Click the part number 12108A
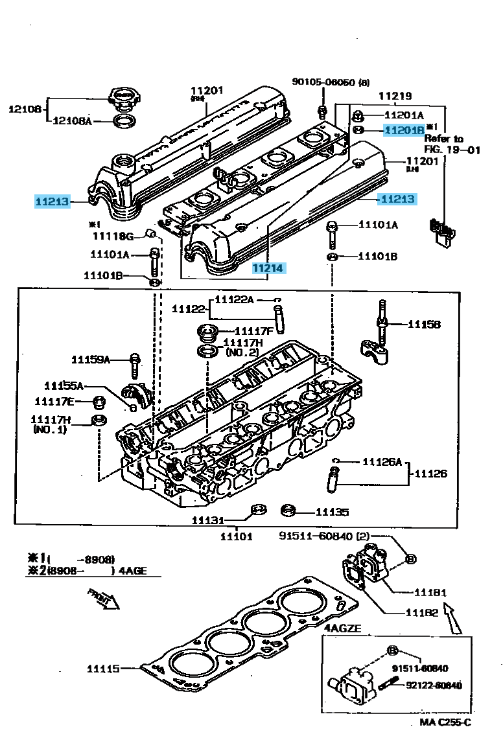tap(72, 121)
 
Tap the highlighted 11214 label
tap(268, 268)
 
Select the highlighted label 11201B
tap(403, 130)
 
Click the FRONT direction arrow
tap(104, 599)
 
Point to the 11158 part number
tap(424, 324)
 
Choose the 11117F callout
tap(248, 330)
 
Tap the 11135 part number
tap(331, 512)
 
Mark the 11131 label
tap(207, 520)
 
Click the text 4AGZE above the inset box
tap(342, 628)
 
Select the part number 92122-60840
tap(434, 685)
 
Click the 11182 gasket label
tap(422, 612)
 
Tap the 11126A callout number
tap(382, 462)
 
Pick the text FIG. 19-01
tap(452, 150)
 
